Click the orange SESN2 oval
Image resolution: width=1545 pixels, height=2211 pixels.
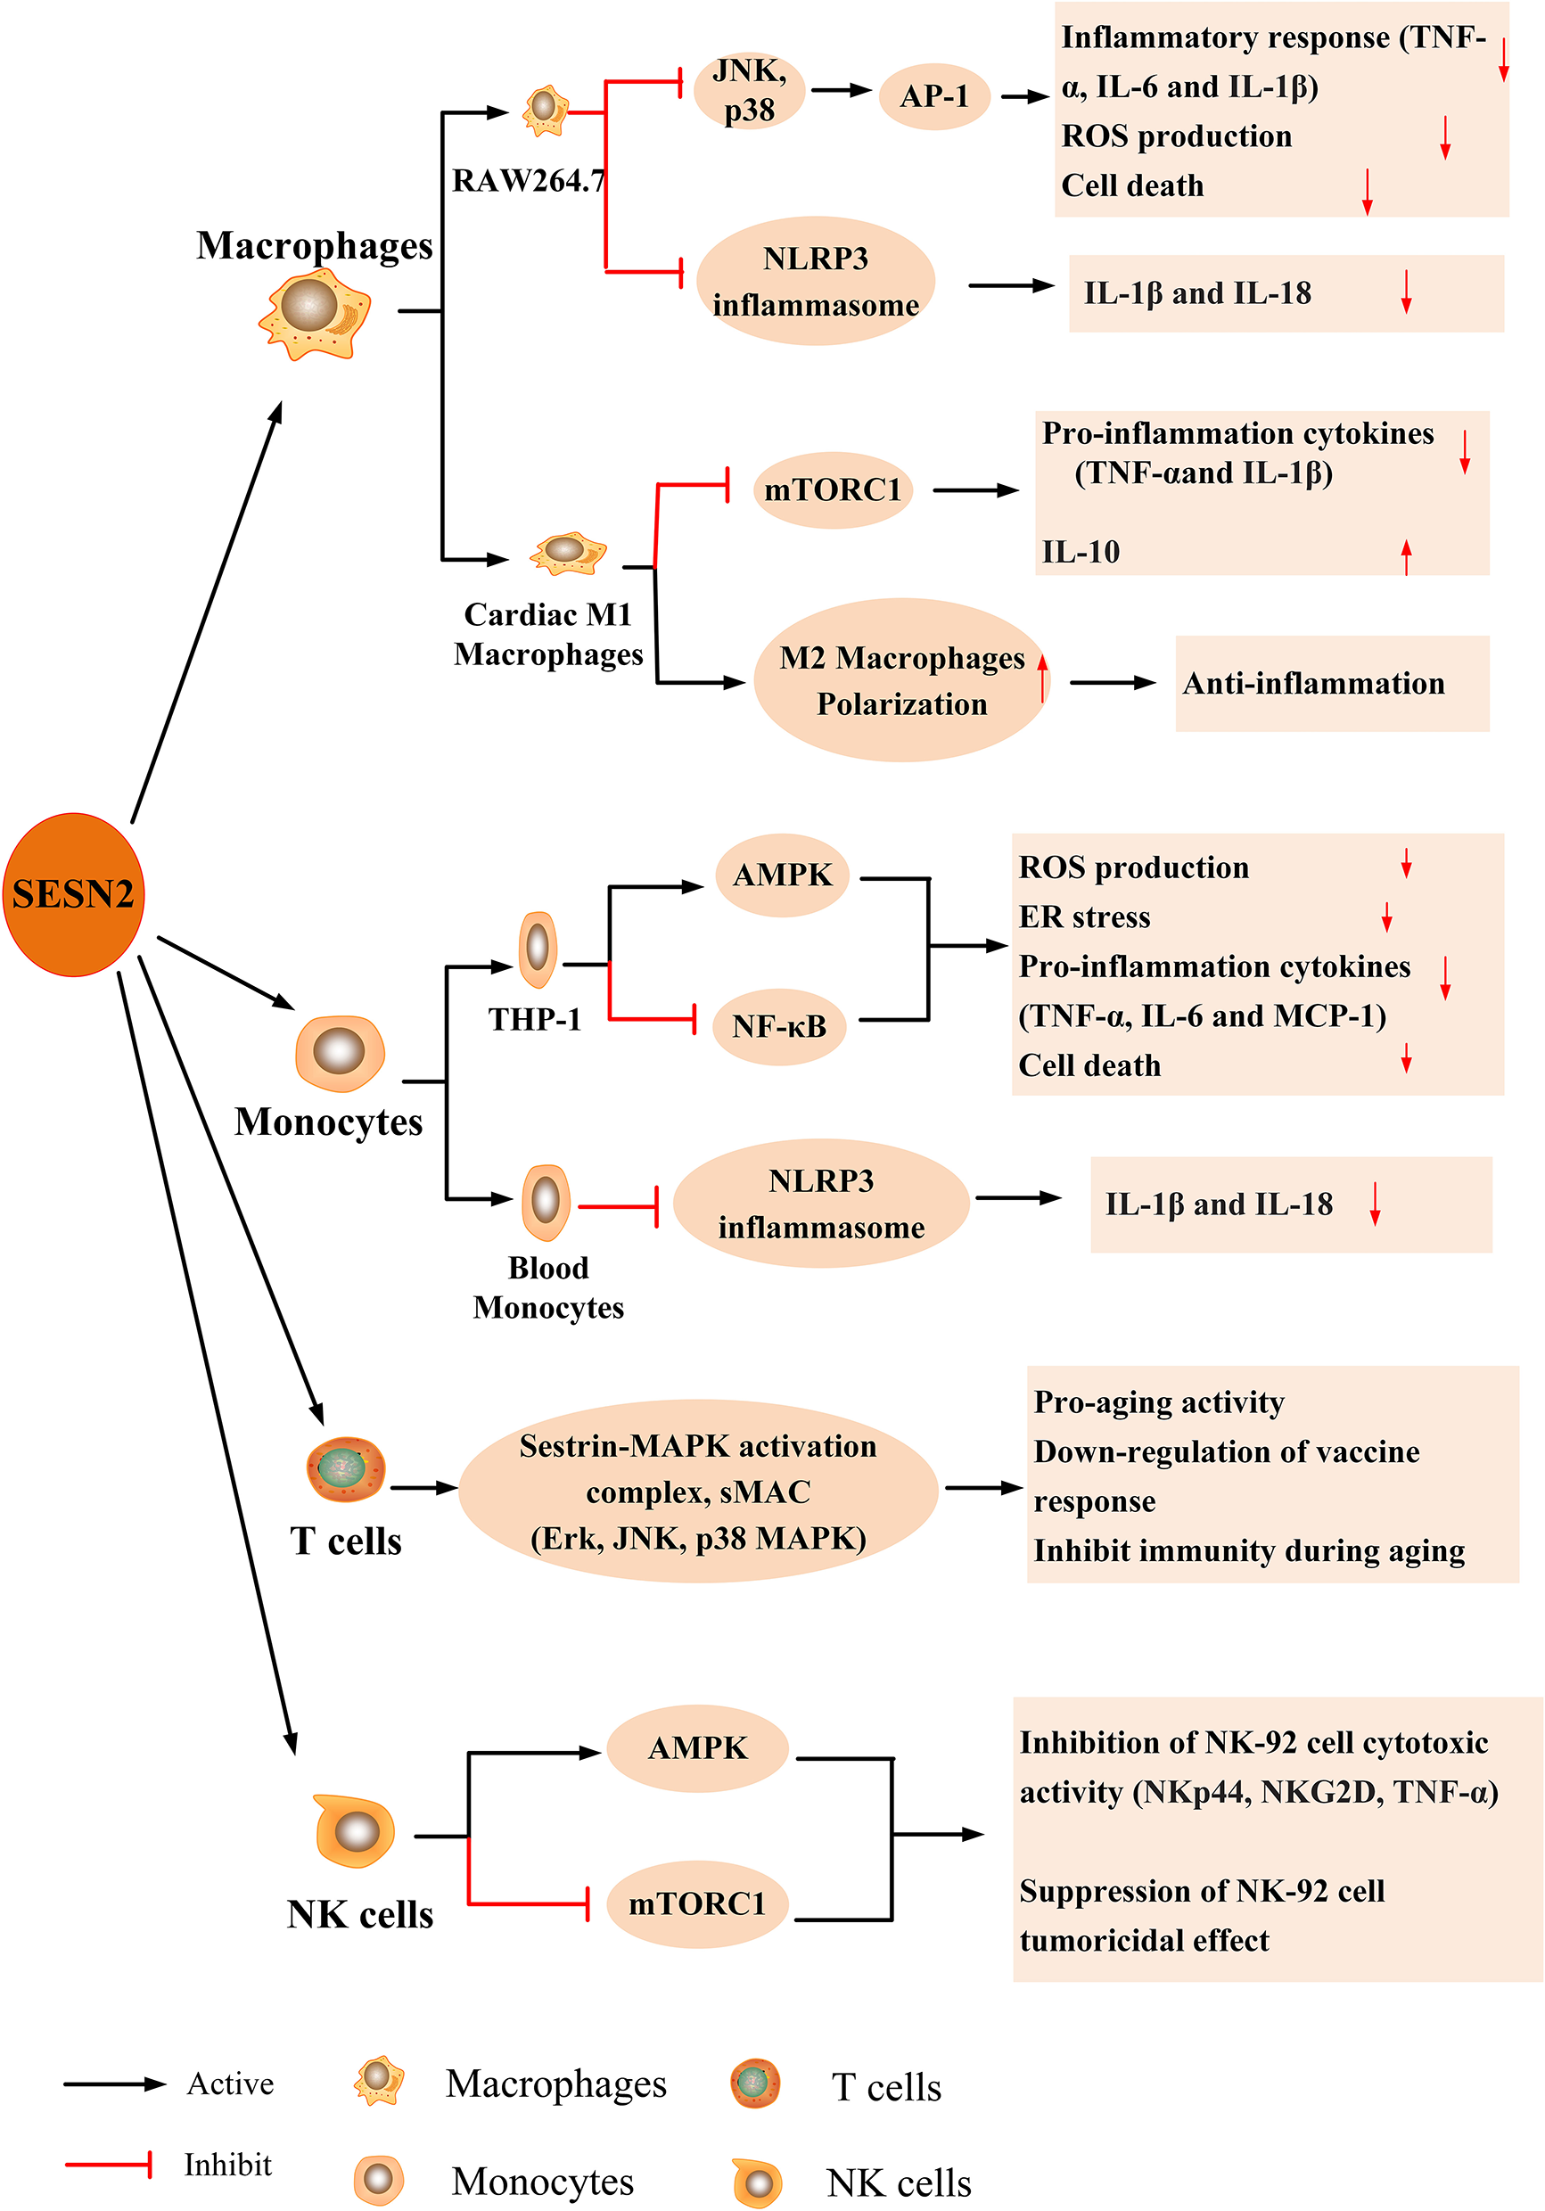[73, 893]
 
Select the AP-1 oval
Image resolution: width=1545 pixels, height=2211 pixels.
[933, 96]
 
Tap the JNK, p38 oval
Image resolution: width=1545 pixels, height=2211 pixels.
[750, 91]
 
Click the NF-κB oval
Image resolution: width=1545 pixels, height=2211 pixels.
[779, 1025]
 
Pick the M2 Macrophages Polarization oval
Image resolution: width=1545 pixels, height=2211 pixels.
[900, 680]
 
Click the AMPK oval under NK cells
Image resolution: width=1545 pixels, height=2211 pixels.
[697, 1747]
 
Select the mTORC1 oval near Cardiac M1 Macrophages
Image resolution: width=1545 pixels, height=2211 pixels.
[832, 489]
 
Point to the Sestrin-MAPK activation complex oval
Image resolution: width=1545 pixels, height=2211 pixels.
[697, 1491]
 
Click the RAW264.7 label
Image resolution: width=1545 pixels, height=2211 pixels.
[529, 180]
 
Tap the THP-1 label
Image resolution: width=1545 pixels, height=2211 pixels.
[535, 1019]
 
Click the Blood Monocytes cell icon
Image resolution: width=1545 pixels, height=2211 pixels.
[546, 1202]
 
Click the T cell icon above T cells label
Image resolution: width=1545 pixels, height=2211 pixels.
[345, 1468]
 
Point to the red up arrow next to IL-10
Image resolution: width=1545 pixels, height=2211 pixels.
[1405, 555]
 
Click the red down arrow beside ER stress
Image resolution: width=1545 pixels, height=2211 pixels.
[1386, 916]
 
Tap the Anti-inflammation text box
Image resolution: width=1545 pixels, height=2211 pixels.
[1331, 683]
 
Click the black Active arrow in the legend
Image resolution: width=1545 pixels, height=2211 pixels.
[113, 2084]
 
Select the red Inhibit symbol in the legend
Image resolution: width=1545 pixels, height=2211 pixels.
[109, 2165]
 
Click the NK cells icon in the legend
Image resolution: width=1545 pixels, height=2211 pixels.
[757, 2182]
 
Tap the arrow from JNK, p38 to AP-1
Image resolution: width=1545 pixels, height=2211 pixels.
[840, 91]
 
